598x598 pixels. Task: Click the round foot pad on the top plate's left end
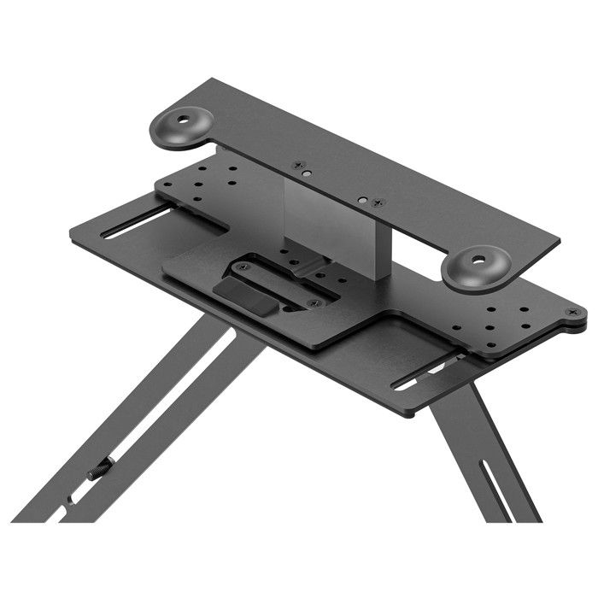(x=182, y=126)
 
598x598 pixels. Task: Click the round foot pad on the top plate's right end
(x=476, y=267)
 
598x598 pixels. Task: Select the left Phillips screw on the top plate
(x=297, y=165)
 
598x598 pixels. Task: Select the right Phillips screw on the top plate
(x=379, y=202)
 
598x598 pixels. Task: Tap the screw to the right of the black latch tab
(x=311, y=302)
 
